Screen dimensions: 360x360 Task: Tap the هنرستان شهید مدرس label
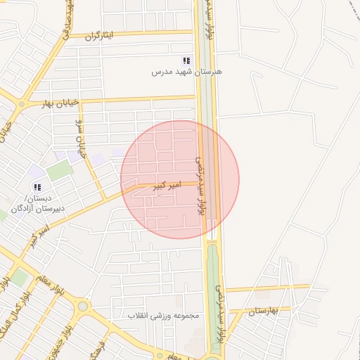[187, 72]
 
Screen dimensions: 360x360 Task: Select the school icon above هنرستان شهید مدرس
[186, 61]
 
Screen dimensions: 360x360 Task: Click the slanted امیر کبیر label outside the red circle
[40, 236]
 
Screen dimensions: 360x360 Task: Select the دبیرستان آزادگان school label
[39, 208]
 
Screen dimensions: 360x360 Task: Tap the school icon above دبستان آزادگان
[37, 187]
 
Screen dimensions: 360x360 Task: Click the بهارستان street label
[264, 310]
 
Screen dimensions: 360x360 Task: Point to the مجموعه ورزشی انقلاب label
[163, 316]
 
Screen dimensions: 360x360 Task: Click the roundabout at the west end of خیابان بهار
[22, 105]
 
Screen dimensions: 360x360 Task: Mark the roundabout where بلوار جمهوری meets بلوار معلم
[83, 306]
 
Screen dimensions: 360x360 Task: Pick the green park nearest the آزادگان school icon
[59, 169]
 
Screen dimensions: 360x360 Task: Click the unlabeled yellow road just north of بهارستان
[267, 288]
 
